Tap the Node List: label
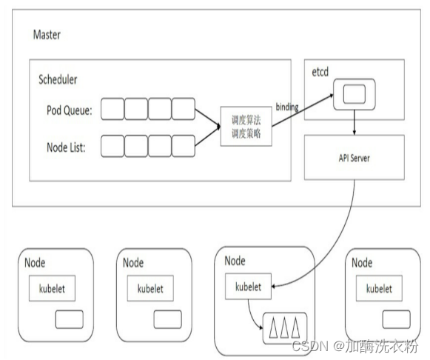pos(64,147)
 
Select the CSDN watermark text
pos(358,347)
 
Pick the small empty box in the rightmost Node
pos(396,318)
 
